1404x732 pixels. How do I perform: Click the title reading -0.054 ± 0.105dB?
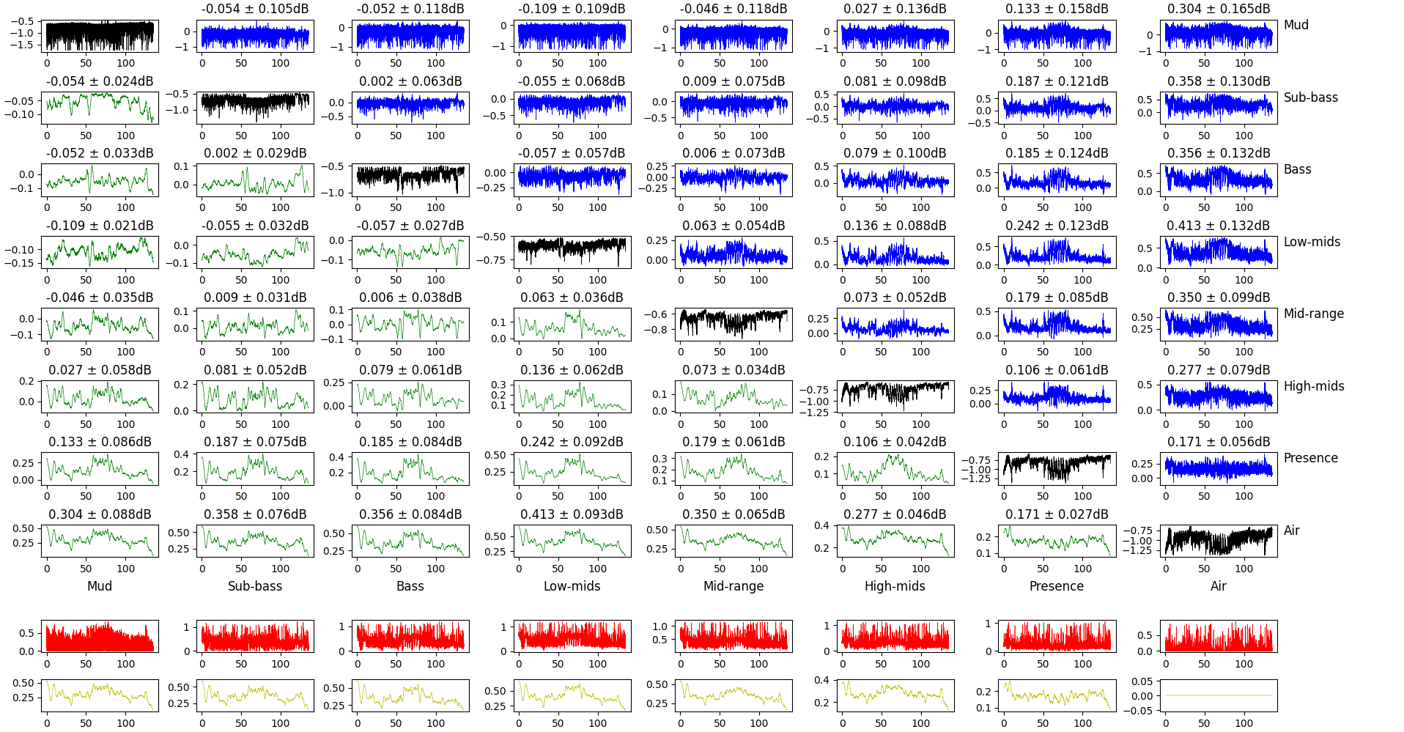255,9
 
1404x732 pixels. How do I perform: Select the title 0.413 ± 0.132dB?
1218,226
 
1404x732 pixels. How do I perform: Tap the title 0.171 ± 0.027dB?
1057,514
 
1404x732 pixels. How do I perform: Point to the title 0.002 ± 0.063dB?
410,81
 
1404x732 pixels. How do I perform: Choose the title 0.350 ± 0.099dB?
1218,297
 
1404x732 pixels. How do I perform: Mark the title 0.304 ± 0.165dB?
1218,9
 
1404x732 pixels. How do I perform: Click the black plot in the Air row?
1218,541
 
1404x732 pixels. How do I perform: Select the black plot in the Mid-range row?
734,325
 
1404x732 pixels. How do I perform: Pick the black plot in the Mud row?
100,36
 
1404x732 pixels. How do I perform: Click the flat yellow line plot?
1218,695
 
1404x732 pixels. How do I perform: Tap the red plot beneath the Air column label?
1218,636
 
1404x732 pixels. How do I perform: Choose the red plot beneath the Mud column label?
100,636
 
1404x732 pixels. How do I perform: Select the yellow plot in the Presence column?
1057,695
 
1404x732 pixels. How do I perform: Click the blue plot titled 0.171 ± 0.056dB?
1218,469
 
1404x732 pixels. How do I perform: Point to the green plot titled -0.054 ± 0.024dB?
100,108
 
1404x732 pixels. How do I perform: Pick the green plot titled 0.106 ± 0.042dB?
895,469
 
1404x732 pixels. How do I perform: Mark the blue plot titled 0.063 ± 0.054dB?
734,252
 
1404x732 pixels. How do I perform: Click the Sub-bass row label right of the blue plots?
1310,97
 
